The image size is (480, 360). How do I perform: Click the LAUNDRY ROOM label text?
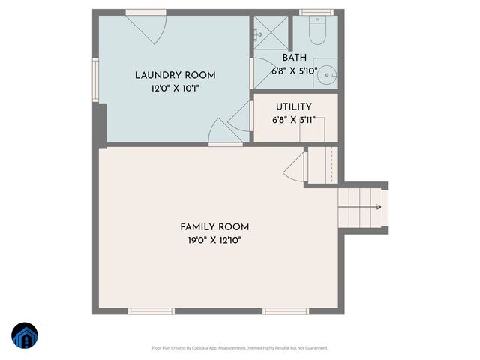(175, 75)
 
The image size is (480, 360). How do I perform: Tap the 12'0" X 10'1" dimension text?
(175, 88)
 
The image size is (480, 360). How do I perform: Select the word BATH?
(294, 58)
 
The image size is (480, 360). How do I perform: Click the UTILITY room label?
(293, 107)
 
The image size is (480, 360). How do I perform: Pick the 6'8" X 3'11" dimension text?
(293, 119)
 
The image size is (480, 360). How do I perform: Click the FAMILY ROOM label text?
(214, 227)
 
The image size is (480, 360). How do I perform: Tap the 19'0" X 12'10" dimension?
(214, 240)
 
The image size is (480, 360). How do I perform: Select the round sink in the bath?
(327, 73)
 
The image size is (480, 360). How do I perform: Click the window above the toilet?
(316, 12)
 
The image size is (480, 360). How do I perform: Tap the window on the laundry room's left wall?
(95, 80)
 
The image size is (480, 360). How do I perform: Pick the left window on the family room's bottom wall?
(151, 310)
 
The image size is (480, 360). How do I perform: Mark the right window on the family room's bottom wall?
(285, 310)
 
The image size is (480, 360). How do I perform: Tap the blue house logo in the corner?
(25, 336)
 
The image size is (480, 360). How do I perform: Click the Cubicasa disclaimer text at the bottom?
(240, 347)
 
